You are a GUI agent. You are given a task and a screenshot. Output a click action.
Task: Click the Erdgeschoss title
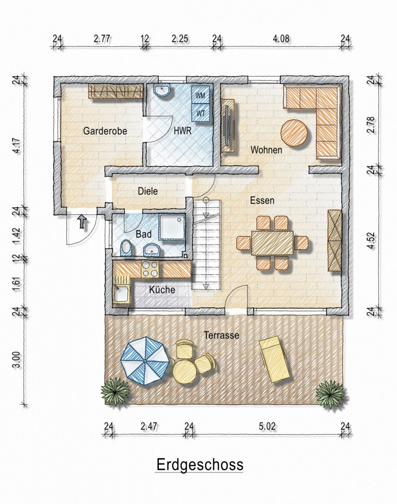(199, 465)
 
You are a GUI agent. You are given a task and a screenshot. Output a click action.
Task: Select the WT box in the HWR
(201, 113)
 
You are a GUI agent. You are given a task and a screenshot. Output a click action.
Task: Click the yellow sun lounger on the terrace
(275, 358)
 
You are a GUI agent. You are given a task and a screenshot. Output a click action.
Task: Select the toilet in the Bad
(126, 248)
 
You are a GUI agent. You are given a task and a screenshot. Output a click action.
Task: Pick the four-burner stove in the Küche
(150, 269)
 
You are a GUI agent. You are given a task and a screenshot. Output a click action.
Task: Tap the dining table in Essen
(272, 242)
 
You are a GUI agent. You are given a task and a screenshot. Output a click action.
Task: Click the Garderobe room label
(105, 131)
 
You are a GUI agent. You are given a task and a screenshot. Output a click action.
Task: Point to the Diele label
(148, 191)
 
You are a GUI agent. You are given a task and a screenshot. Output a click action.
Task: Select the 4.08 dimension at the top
(281, 38)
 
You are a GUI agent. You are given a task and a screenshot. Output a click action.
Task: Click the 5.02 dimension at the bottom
(267, 426)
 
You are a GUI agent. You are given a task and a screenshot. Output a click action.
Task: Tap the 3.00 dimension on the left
(17, 359)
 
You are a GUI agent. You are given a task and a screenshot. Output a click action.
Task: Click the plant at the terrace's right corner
(330, 394)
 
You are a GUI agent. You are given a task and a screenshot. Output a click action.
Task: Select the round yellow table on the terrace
(184, 370)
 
